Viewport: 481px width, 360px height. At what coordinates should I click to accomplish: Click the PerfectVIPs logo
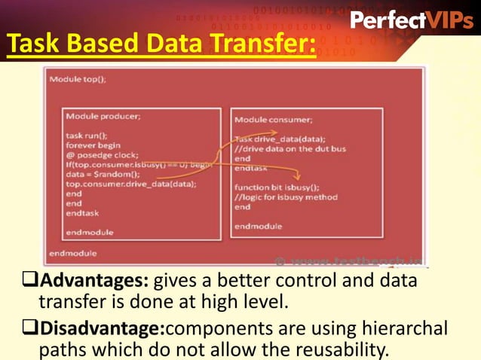click(x=412, y=20)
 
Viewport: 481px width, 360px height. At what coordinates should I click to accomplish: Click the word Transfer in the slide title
click(x=256, y=46)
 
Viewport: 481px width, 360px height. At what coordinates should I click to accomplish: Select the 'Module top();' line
click(x=78, y=78)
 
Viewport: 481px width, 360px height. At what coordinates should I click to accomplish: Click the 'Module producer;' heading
click(x=103, y=117)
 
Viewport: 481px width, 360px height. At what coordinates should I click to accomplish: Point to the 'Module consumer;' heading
click(x=273, y=120)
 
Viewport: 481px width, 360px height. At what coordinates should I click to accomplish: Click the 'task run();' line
click(x=85, y=136)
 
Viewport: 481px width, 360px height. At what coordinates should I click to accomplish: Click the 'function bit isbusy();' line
click(x=277, y=188)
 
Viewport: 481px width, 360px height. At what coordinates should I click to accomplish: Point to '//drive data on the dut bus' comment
click(x=290, y=149)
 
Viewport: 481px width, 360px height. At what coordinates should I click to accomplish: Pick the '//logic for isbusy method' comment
click(x=286, y=197)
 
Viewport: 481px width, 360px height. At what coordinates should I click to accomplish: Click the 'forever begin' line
click(x=94, y=145)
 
